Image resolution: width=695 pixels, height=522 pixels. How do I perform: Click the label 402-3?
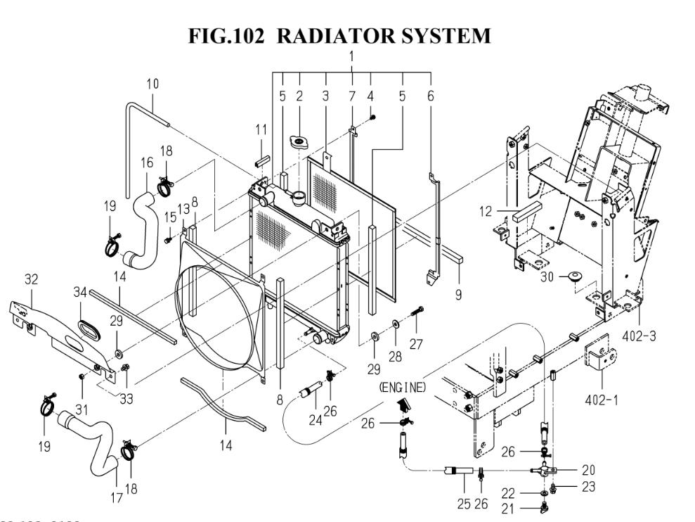point(640,337)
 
